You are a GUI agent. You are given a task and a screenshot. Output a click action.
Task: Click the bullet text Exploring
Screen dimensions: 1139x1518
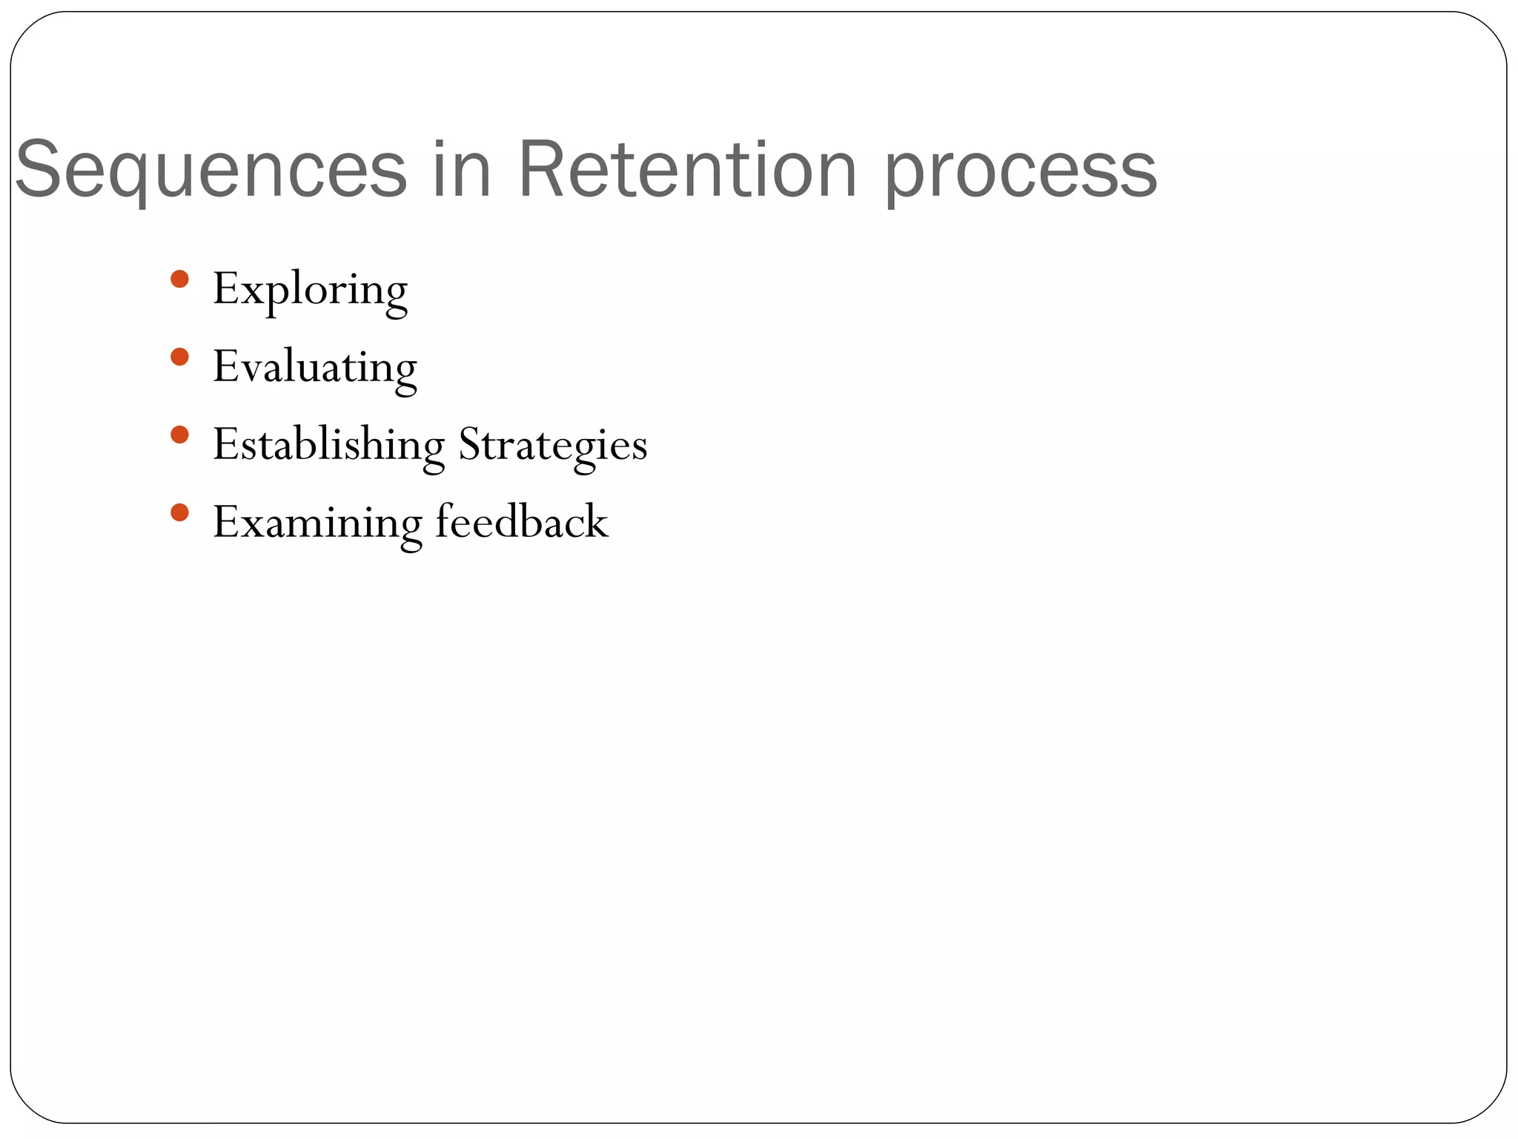pos(310,290)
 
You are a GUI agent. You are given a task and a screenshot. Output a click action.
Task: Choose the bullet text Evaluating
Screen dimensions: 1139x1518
pos(314,368)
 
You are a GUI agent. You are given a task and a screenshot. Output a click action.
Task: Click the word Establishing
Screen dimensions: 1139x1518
pos(328,446)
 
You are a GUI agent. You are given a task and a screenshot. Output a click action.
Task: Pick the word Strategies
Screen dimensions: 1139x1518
pos(553,446)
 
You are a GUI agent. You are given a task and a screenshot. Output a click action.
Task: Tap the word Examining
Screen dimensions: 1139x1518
pos(317,524)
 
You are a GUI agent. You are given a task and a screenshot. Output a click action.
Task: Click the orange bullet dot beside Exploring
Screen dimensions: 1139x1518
pos(179,280)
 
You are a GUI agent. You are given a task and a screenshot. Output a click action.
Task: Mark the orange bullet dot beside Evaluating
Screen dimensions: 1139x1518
pos(179,357)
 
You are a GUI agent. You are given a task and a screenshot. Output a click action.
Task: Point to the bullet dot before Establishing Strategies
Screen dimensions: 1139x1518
pos(179,435)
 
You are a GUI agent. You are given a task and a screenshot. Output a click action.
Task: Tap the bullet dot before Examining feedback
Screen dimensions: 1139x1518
pos(179,512)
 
